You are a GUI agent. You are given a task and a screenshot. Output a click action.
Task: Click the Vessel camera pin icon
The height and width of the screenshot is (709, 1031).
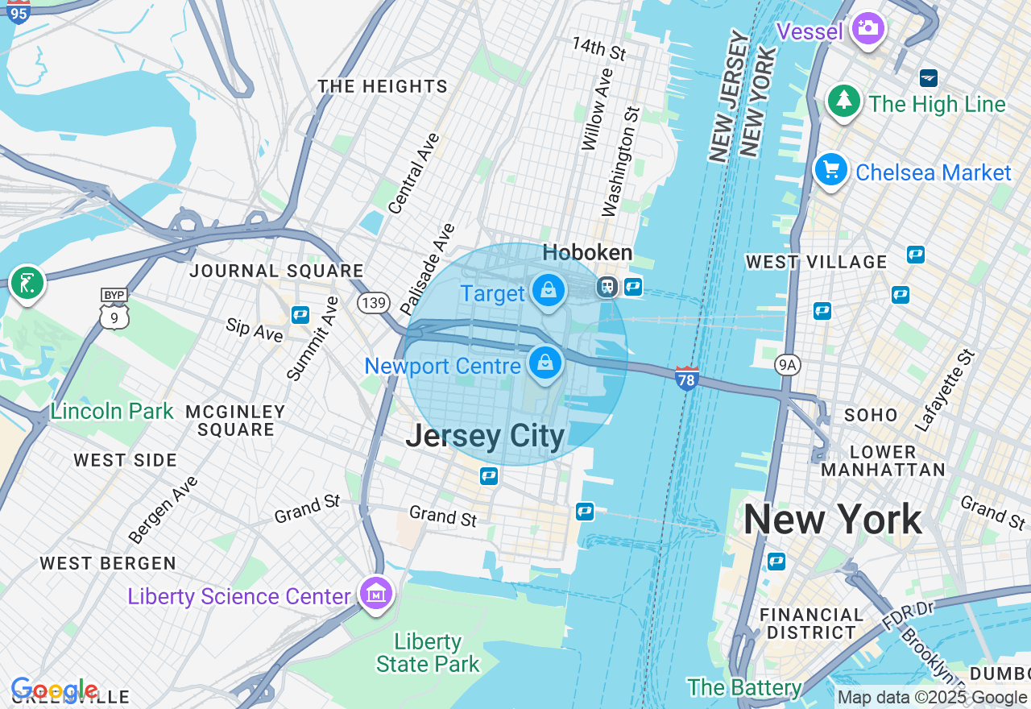pyautogui.click(x=867, y=29)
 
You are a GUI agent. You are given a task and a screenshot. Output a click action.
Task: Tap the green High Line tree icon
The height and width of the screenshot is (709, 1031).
pyautogui.click(x=843, y=101)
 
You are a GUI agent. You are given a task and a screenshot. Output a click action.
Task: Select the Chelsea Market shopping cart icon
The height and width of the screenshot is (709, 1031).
pyautogui.click(x=830, y=170)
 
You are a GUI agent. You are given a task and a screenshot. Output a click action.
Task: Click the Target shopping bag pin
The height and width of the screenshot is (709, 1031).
pyautogui.click(x=549, y=290)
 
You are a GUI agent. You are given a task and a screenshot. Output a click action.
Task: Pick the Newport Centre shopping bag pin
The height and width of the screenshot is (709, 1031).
pyautogui.click(x=545, y=363)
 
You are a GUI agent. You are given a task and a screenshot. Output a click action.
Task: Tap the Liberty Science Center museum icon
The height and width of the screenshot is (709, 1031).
pyautogui.click(x=376, y=594)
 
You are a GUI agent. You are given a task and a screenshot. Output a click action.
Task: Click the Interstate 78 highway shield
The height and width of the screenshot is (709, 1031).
pyautogui.click(x=686, y=378)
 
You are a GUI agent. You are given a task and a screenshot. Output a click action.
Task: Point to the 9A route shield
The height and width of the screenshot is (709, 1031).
pyautogui.click(x=787, y=366)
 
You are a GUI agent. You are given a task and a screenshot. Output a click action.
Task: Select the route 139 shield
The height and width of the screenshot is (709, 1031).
pyautogui.click(x=374, y=303)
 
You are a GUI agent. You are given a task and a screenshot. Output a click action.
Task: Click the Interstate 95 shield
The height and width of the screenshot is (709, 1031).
pyautogui.click(x=18, y=11)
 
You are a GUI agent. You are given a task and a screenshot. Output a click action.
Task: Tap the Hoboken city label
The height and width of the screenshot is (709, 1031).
pyautogui.click(x=587, y=253)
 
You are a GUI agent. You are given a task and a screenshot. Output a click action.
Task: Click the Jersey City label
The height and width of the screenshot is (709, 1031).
pyautogui.click(x=485, y=436)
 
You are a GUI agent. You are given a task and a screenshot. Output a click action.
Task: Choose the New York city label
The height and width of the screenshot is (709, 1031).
pyautogui.click(x=832, y=520)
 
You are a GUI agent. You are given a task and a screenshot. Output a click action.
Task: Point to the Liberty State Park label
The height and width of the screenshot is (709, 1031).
pyautogui.click(x=428, y=653)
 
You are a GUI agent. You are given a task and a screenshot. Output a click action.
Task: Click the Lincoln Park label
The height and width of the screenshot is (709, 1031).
pyautogui.click(x=111, y=411)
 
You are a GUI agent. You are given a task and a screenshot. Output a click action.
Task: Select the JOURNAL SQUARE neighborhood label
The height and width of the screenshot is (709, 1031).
pyautogui.click(x=276, y=271)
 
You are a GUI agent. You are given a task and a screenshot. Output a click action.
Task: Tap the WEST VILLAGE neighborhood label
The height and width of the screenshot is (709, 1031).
pyautogui.click(x=816, y=262)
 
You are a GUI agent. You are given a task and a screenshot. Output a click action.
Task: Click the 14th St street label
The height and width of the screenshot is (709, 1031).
pyautogui.click(x=598, y=48)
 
